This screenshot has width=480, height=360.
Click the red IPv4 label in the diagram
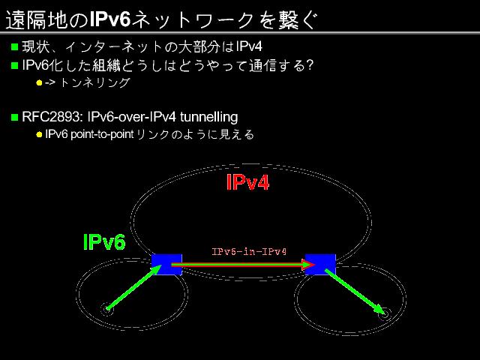click(247, 183)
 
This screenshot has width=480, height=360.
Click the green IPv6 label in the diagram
click(104, 241)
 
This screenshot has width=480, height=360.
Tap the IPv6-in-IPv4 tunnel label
click(249, 251)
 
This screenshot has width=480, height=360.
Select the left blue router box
click(166, 264)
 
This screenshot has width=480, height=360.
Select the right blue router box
click(320, 264)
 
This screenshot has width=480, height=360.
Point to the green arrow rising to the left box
click(135, 286)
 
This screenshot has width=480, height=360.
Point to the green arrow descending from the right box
click(355, 291)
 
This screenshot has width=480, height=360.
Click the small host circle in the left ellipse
click(107, 309)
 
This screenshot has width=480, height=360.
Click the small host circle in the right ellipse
click(384, 314)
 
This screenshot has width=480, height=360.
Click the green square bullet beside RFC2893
click(14, 117)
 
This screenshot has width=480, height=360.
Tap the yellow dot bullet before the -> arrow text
click(40, 83)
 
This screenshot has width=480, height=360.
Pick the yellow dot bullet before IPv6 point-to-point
click(40, 135)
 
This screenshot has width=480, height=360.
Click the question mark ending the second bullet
click(308, 65)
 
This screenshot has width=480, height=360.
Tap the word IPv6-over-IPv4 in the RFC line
click(133, 117)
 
